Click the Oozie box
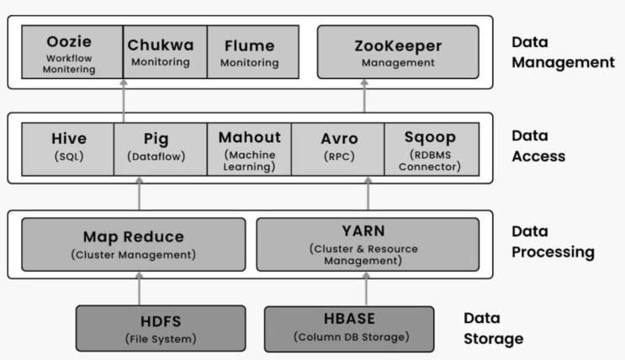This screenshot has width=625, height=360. (68, 53)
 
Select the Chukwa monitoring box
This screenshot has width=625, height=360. (160, 53)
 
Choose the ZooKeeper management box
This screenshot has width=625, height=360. (397, 53)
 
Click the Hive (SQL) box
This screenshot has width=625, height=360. (68, 148)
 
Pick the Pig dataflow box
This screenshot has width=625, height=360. (160, 148)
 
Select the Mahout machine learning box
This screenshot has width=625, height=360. (249, 148)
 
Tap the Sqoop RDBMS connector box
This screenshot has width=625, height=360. (431, 148)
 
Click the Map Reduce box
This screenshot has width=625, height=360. (134, 244)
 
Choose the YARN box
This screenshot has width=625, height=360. (367, 244)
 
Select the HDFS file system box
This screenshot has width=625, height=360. (161, 328)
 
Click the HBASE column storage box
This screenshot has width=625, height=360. (349, 328)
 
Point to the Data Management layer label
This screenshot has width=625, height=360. (563, 51)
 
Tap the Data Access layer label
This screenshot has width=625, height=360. (538, 146)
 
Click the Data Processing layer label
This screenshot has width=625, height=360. (552, 241)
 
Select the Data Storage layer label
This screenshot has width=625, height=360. (493, 328)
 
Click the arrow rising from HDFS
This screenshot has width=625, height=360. (139, 291)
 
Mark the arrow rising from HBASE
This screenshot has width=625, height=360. (367, 291)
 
